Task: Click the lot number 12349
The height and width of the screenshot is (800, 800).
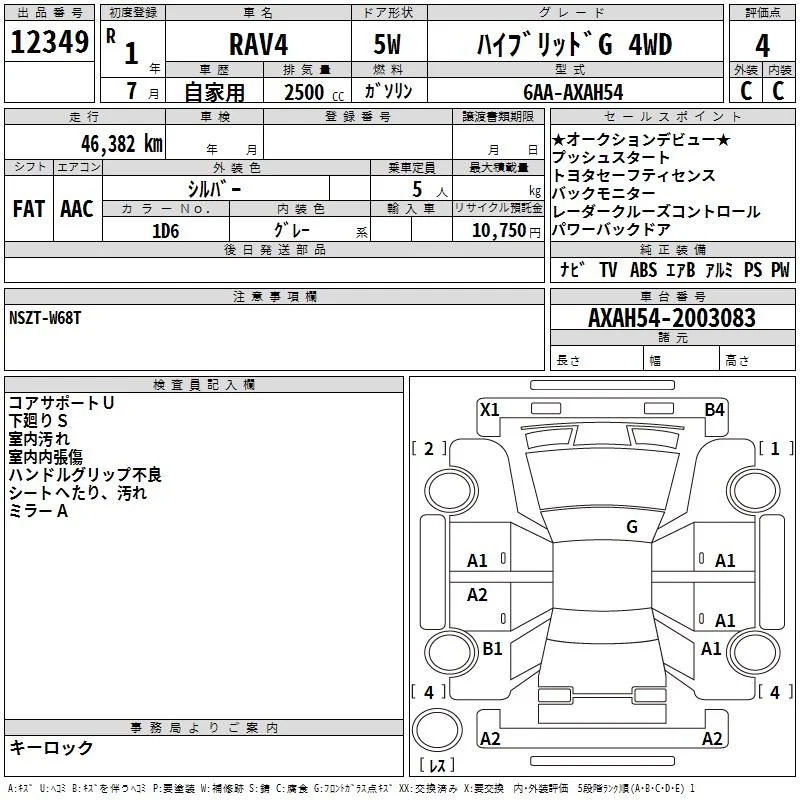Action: point(49,42)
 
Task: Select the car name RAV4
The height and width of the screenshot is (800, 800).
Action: point(258,44)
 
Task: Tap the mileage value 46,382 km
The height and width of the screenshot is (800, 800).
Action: point(121,144)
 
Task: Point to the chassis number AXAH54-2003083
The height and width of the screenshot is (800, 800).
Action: point(671,318)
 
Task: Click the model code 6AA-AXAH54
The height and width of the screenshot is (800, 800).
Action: point(573,92)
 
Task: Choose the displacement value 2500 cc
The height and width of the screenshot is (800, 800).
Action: point(314,92)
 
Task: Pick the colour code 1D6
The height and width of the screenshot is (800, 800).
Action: point(165,231)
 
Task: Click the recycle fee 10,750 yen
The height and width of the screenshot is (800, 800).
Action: point(506,231)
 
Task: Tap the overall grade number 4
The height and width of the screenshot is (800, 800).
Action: point(762,46)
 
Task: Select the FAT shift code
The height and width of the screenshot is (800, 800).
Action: point(29,209)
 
